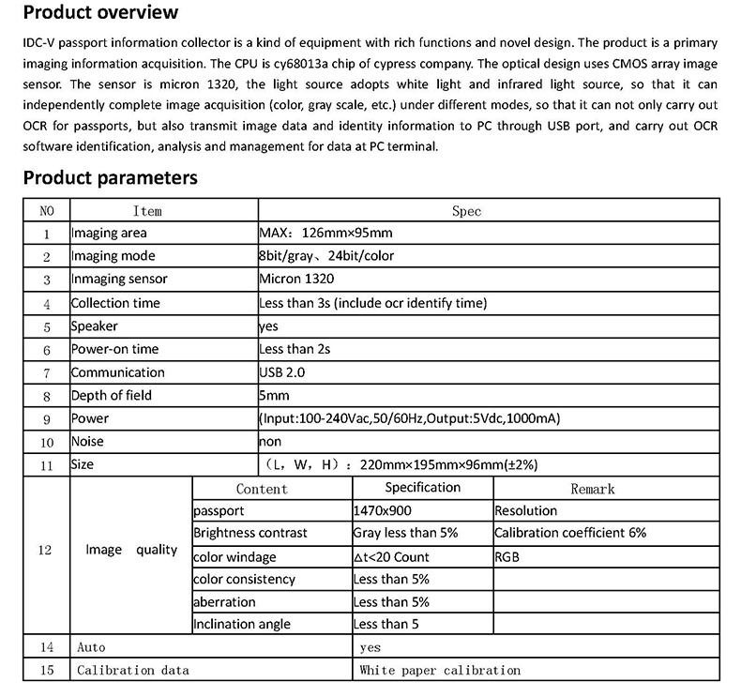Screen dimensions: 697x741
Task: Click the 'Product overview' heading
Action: (x=100, y=13)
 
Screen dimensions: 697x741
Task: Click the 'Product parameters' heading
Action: (x=110, y=177)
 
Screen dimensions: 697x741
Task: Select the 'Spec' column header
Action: (x=466, y=211)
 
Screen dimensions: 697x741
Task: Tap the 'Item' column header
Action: (x=147, y=211)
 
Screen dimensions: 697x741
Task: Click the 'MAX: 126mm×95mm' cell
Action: (x=325, y=234)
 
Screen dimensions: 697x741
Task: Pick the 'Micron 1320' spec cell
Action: (x=296, y=280)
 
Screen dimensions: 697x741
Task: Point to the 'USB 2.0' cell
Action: (x=282, y=372)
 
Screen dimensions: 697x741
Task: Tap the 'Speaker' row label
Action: (x=95, y=326)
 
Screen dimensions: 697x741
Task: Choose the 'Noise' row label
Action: (x=88, y=441)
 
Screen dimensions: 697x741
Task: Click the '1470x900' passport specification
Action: (x=383, y=511)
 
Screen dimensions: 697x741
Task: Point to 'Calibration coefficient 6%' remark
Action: (x=570, y=533)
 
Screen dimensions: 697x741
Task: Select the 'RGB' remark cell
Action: (x=507, y=556)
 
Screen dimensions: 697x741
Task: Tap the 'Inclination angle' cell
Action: (x=242, y=624)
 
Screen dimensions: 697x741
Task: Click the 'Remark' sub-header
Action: (x=593, y=489)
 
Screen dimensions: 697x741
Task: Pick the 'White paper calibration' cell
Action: (x=440, y=670)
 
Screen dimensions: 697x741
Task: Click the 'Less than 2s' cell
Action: (x=295, y=349)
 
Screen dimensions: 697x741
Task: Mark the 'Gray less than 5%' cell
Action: (x=405, y=533)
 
